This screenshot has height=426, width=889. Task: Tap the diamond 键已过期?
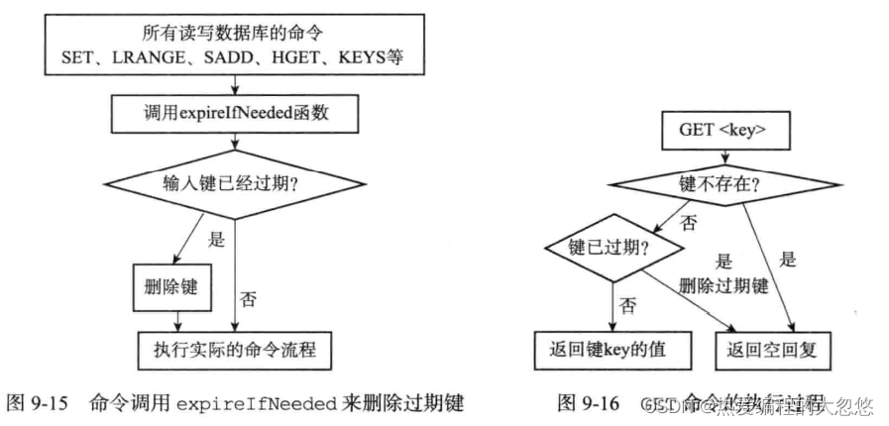click(x=611, y=248)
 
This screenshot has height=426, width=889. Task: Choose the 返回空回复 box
click(x=777, y=348)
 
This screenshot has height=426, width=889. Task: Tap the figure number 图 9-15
click(x=38, y=404)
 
